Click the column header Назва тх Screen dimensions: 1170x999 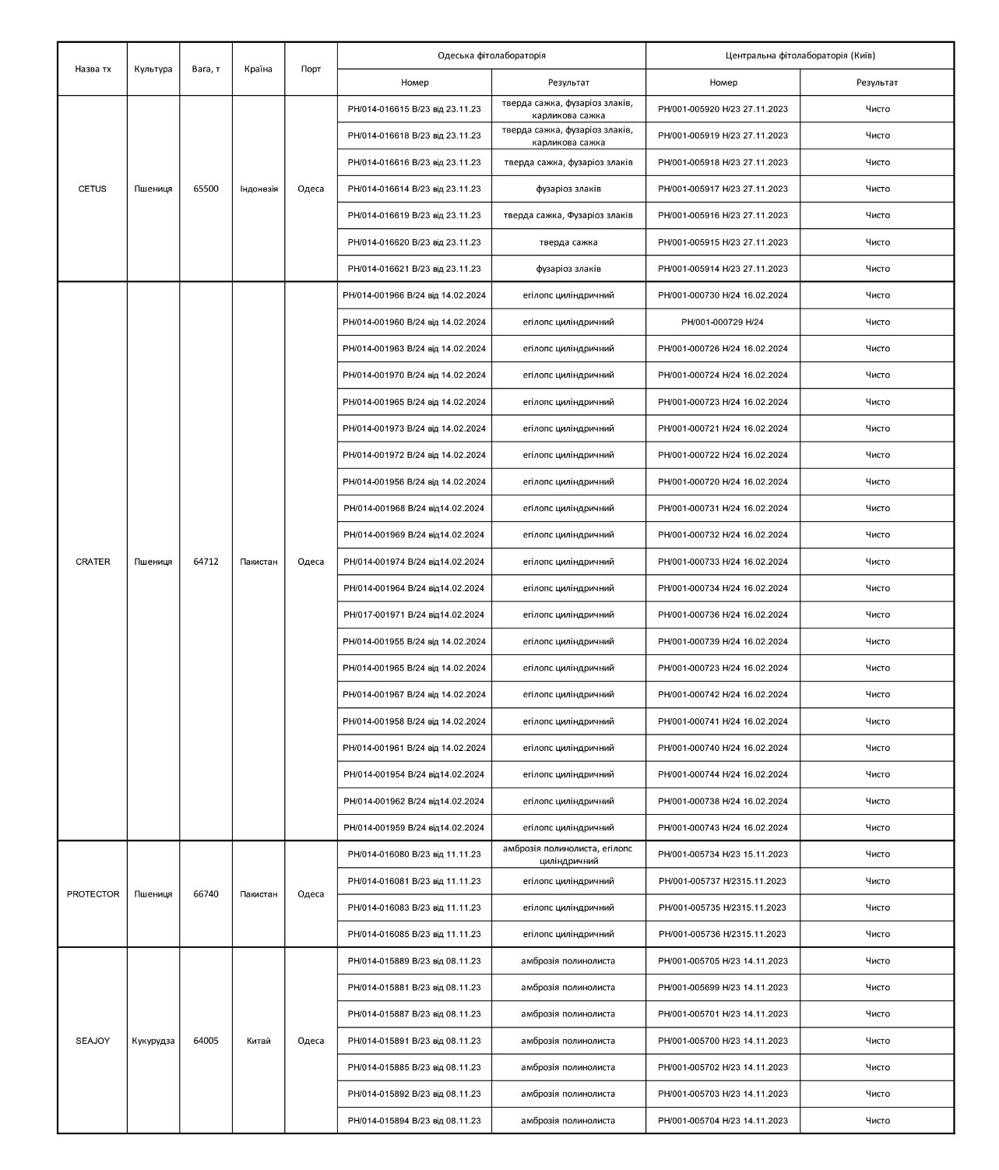(x=93, y=69)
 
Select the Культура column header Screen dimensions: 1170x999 (x=153, y=69)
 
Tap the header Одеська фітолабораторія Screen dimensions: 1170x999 (x=491, y=56)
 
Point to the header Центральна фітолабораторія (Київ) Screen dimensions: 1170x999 (x=800, y=56)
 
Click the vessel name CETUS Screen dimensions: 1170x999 (x=93, y=189)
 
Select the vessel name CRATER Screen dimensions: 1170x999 (x=93, y=562)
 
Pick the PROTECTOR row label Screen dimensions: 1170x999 (x=93, y=894)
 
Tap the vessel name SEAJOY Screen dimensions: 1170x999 (x=93, y=1041)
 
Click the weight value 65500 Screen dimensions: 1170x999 (x=206, y=189)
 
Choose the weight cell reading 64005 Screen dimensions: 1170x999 (x=206, y=1041)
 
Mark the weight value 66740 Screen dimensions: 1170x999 (x=206, y=894)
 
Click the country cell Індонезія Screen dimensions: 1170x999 (x=259, y=189)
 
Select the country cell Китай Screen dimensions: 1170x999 (x=259, y=1041)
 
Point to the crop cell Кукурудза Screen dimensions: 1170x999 (x=153, y=1041)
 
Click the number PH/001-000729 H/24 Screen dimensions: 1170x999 (x=723, y=322)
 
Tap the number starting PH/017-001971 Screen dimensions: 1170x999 (x=414, y=615)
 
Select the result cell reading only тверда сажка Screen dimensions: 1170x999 (x=568, y=242)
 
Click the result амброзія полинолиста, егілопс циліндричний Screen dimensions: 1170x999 (x=568, y=855)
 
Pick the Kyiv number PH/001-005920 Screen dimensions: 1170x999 (x=723, y=109)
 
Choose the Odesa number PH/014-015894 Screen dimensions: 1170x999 (x=414, y=1121)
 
